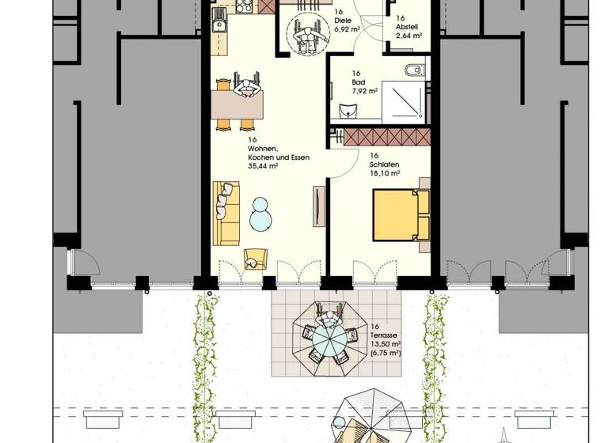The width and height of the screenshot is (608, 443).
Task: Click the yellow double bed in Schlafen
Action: click(x=400, y=214)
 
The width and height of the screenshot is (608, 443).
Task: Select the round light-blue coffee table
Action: click(x=261, y=214)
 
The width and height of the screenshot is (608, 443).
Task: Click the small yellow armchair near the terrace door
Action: click(x=254, y=259)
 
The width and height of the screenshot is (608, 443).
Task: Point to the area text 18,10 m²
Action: click(x=384, y=173)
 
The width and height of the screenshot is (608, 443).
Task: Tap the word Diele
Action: click(x=343, y=21)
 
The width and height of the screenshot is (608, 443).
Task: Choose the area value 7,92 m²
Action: click(x=365, y=90)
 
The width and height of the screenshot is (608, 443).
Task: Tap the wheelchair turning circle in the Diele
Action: click(x=306, y=36)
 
